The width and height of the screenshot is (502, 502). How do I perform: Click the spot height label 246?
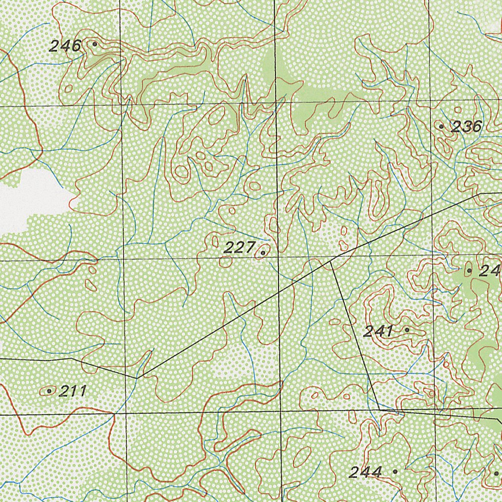coord(64,46)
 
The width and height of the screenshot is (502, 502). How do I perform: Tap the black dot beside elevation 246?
coord(95,44)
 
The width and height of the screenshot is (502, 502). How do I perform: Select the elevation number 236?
coord(466,127)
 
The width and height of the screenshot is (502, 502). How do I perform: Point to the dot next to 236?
coord(441,126)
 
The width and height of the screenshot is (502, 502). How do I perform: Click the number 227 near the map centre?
coord(239,248)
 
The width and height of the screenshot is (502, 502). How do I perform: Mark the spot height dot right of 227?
coord(263,253)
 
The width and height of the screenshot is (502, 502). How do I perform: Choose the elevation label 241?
coord(378,331)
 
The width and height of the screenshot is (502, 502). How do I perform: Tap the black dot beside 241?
coord(407,330)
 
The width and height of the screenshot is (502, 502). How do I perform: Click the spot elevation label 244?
coord(365,473)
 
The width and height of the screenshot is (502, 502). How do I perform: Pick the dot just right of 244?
coord(395,471)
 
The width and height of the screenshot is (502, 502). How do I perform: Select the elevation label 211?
coord(73,391)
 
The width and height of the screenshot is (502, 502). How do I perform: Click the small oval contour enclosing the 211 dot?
coord(49,391)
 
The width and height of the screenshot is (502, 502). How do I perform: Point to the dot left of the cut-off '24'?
coord(469,270)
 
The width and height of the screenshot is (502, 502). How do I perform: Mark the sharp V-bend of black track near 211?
coord(138,377)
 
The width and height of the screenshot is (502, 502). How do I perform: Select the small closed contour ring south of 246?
coord(69,89)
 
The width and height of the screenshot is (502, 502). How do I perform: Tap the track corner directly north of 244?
coord(380,409)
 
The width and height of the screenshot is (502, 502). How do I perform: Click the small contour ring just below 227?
coord(225,262)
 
